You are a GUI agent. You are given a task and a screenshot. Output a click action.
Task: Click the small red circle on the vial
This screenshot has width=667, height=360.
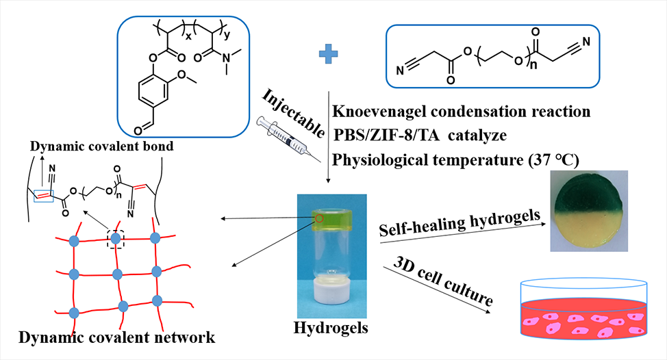[319, 219]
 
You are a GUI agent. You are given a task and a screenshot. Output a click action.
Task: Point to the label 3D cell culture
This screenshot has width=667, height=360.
[443, 280]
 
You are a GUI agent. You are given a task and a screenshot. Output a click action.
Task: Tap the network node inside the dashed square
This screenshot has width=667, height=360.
[116, 238]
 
